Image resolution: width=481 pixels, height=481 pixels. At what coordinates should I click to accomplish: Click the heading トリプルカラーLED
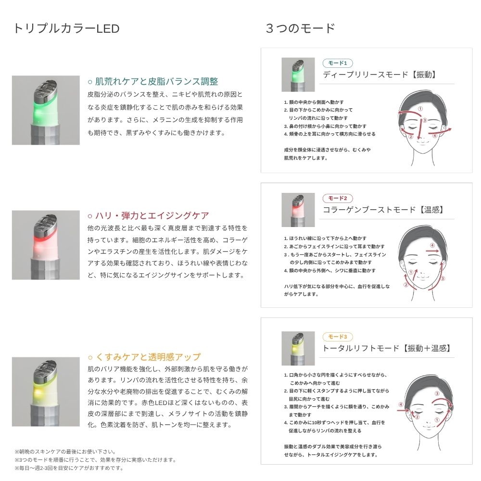click(x=66, y=28)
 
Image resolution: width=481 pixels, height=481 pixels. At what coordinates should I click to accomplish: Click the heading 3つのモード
click(x=300, y=28)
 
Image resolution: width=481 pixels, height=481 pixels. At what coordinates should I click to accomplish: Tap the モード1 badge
click(x=338, y=63)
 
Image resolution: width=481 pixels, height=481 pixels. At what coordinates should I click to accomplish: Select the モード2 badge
click(x=338, y=198)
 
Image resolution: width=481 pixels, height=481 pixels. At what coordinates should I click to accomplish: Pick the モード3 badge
click(x=338, y=337)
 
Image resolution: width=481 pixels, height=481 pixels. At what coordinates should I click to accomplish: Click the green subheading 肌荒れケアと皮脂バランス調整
click(x=153, y=81)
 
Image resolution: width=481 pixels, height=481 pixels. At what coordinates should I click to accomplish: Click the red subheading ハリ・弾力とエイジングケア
click(x=148, y=215)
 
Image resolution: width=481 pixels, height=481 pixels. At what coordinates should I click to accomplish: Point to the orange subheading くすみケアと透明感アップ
click(x=144, y=357)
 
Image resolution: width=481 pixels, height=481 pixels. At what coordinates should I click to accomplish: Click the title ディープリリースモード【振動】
click(x=380, y=75)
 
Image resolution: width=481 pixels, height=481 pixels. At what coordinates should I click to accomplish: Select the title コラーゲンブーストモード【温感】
click(x=383, y=210)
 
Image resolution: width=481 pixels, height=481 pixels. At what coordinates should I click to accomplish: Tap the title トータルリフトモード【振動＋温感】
click(x=387, y=348)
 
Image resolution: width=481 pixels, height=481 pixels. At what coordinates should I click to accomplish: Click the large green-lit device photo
click(x=46, y=110)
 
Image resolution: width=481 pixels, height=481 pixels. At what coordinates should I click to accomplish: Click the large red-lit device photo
click(x=46, y=245)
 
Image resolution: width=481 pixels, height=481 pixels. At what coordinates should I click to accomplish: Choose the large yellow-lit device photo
click(x=46, y=392)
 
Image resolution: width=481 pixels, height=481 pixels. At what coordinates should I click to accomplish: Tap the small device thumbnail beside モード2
click(x=298, y=210)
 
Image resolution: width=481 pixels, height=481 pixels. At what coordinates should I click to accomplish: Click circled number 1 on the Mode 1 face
click(x=420, y=109)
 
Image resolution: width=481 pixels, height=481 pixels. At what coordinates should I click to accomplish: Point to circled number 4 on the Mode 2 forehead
click(x=432, y=245)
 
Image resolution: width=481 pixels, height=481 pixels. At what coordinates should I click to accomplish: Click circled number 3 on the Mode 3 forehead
click(x=437, y=393)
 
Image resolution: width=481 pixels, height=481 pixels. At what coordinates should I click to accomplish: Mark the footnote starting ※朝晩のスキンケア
click(x=65, y=452)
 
